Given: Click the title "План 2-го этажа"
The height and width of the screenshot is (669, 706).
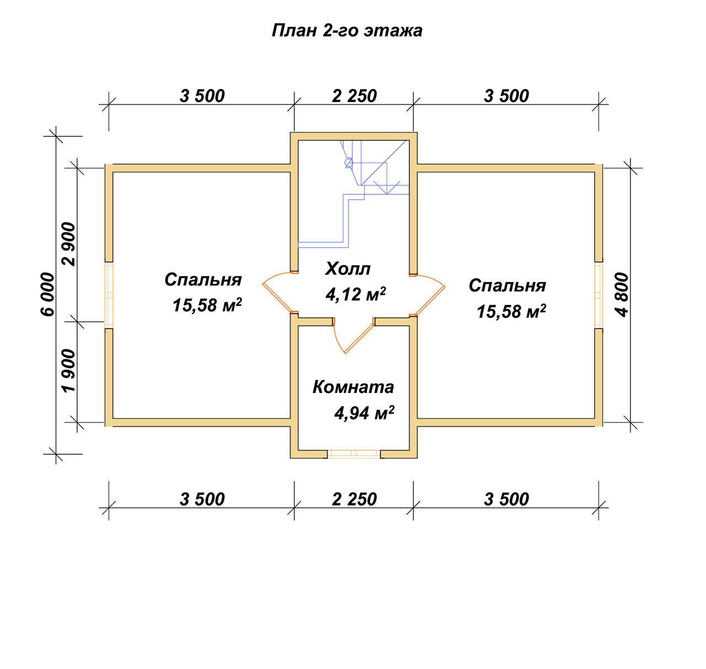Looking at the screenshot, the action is point(347,30).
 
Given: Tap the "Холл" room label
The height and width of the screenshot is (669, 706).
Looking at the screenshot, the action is point(347,268).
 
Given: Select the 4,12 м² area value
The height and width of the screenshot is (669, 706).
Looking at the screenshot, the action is point(356,294).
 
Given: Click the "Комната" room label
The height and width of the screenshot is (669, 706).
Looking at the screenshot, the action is point(353,387).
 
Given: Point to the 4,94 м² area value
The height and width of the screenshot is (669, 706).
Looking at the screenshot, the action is point(364,413).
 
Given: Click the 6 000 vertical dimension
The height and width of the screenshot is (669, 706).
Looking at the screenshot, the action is point(48,294).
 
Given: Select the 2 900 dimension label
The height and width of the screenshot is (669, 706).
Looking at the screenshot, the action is point(69,244).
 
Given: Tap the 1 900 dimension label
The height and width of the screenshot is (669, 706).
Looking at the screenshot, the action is point(69,370).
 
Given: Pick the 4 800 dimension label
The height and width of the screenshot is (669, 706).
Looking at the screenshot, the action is point(622,295).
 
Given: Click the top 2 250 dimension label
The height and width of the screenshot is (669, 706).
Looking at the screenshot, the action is point(354,96).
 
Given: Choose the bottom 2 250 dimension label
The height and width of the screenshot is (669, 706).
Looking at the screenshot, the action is point(354,500).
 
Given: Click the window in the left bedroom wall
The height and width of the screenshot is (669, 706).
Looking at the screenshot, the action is point(109,295).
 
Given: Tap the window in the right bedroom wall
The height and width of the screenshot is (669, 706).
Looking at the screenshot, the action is point(598,295).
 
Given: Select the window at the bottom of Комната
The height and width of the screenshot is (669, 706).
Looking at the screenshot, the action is point(354,454).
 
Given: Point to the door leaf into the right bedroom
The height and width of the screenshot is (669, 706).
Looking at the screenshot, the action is point(430,301).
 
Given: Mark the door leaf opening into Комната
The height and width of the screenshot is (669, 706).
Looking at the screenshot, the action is point(359,338).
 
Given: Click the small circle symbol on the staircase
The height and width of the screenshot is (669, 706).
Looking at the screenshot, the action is point(349,162).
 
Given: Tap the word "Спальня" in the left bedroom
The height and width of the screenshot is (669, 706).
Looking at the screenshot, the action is point(203,280).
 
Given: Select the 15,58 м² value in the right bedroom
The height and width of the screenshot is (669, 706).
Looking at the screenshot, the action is point(511,311).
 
